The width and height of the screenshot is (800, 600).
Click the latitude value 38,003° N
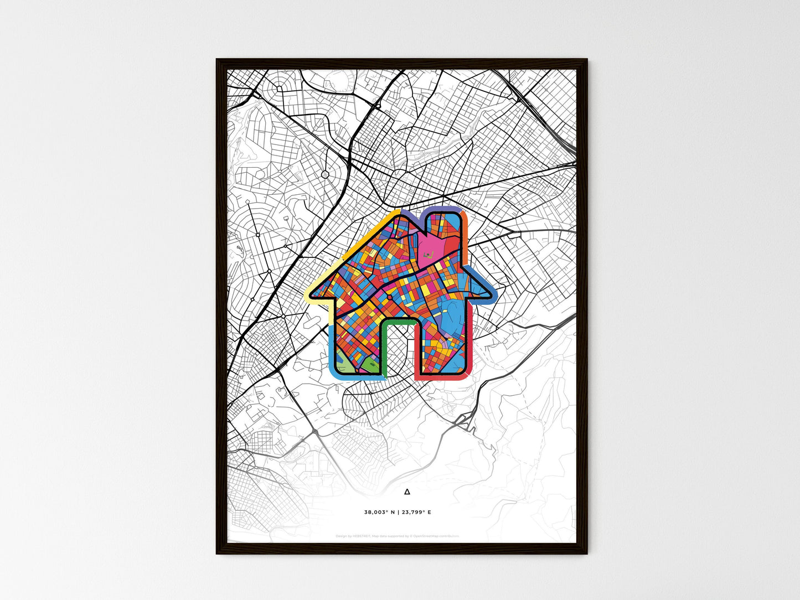point(380,513)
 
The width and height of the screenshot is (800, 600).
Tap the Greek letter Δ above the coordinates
point(407,492)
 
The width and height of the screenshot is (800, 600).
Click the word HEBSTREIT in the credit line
point(360,536)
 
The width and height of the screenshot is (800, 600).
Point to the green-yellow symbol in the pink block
point(427,255)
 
